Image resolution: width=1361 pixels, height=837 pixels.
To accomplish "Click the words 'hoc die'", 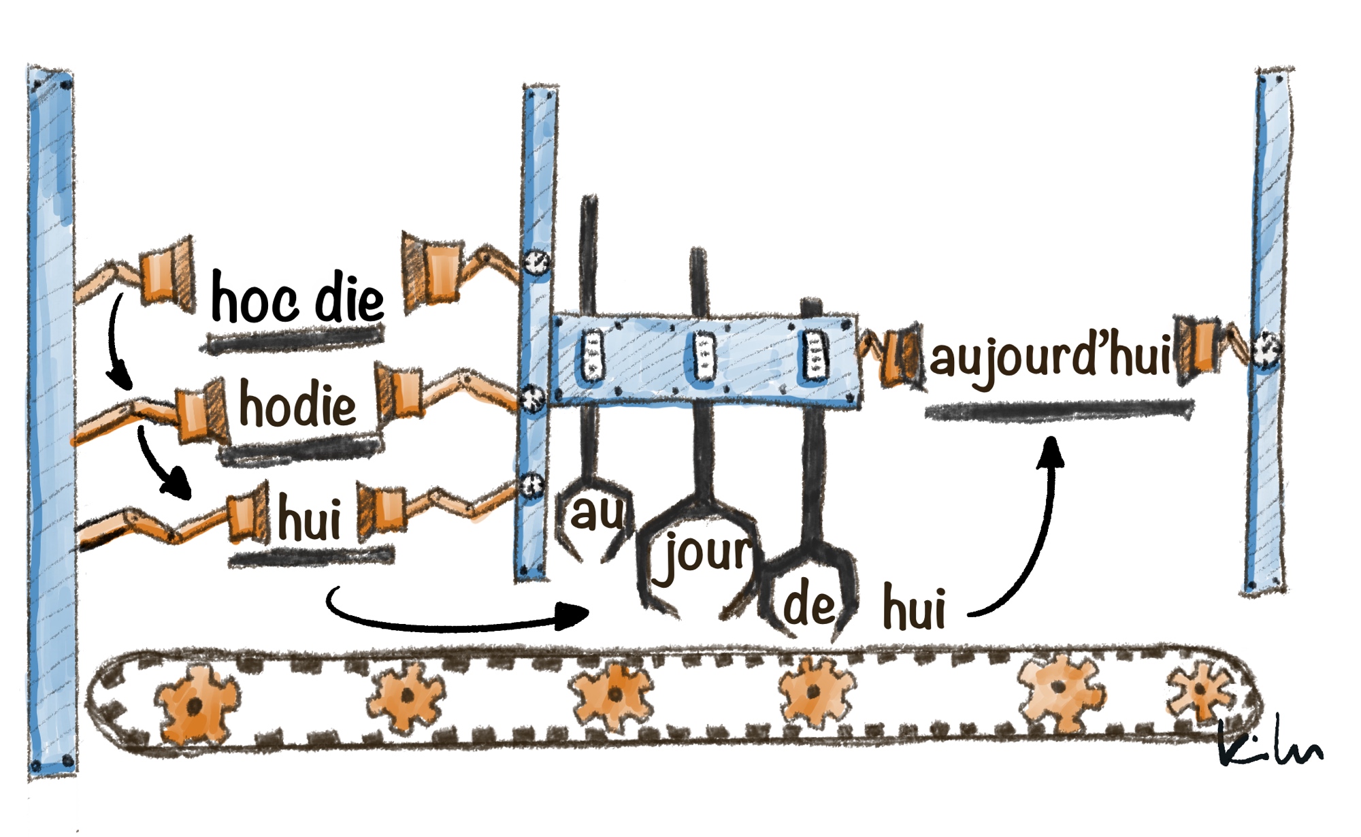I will pyautogui.click(x=297, y=298).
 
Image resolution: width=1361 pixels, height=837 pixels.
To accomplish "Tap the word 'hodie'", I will pyautogui.click(x=297, y=405).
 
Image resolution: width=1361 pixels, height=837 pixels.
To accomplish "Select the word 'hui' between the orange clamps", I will pyautogui.click(x=310, y=519).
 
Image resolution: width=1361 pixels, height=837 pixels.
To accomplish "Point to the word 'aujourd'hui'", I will pyautogui.click(x=1050, y=357).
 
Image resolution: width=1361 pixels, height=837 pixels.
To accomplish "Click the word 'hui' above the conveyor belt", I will pyautogui.click(x=914, y=608).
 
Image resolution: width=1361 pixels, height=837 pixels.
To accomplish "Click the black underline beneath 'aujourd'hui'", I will pyautogui.click(x=1058, y=411).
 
